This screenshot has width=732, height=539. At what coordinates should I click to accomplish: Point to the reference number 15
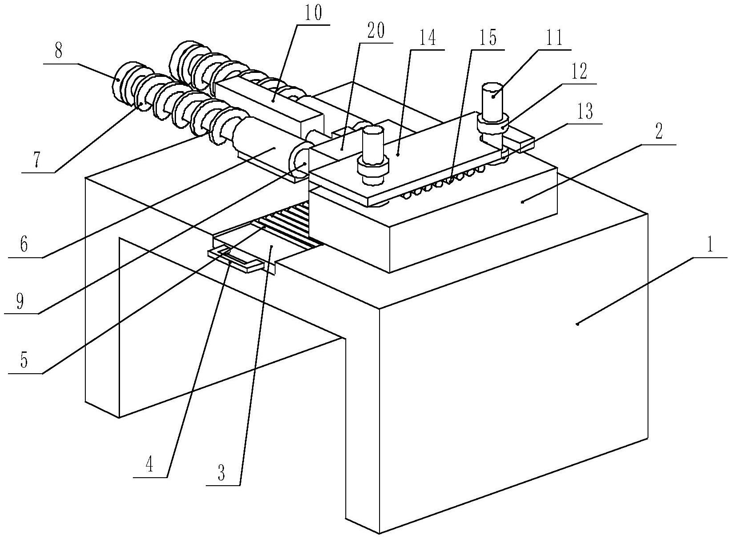click(487, 38)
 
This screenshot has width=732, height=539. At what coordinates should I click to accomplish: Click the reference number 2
click(659, 132)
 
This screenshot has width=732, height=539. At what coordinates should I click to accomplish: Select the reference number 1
click(710, 245)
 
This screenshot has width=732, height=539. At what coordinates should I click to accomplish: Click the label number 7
click(38, 161)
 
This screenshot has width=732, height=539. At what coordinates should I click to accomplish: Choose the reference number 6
click(24, 244)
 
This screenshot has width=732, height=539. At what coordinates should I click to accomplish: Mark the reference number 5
click(24, 361)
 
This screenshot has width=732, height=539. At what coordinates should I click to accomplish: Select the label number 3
click(221, 474)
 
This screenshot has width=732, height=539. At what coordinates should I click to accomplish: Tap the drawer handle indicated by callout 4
click(236, 259)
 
